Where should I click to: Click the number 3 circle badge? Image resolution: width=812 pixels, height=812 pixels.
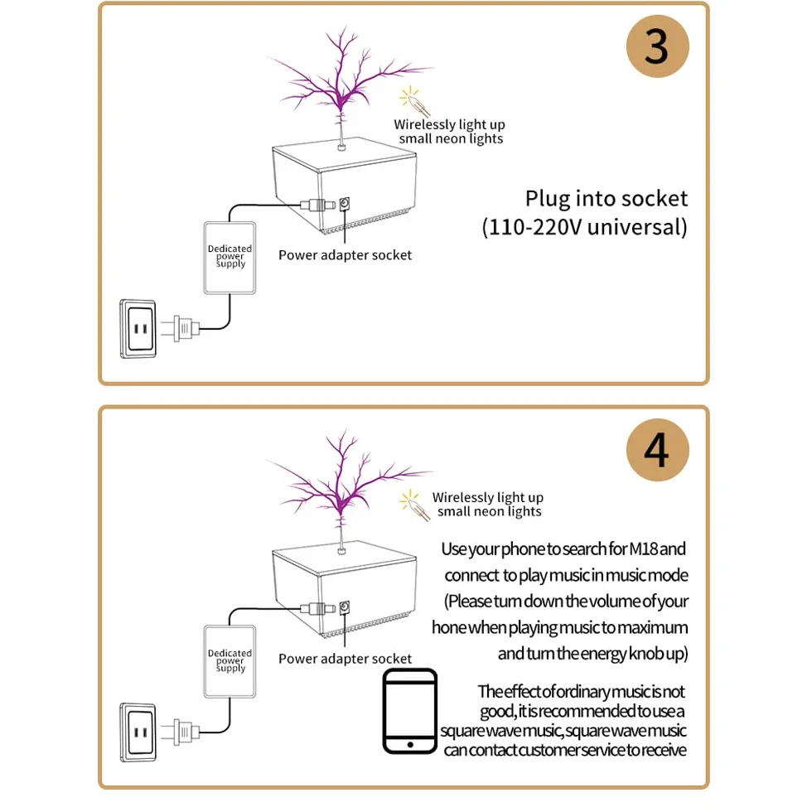tap(657, 46)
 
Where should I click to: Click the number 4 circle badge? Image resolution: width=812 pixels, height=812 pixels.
tap(657, 450)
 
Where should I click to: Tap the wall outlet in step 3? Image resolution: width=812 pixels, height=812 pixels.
tap(138, 329)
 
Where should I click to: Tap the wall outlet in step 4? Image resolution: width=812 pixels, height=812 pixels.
tap(138, 732)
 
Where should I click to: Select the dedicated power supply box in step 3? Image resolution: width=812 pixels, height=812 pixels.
tap(230, 258)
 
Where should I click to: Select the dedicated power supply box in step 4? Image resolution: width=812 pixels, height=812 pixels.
tap(230, 661)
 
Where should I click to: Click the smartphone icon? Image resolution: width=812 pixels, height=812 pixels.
tap(409, 711)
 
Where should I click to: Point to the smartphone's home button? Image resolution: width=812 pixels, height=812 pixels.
tap(410, 745)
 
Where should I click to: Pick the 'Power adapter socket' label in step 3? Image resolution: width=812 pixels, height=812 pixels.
tap(345, 255)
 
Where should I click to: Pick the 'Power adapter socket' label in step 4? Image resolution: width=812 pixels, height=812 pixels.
tap(345, 659)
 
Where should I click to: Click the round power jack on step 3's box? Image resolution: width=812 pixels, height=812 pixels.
tap(345, 204)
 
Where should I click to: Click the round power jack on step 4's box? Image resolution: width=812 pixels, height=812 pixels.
tap(345, 607)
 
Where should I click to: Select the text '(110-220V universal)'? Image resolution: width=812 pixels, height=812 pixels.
tap(585, 227)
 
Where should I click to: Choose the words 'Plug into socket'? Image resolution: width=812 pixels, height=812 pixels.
tap(607, 199)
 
